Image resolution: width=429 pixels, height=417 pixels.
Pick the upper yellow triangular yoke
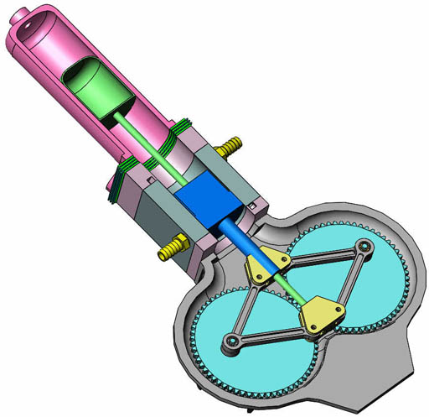266,267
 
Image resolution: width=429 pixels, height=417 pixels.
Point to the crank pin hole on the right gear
364,247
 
